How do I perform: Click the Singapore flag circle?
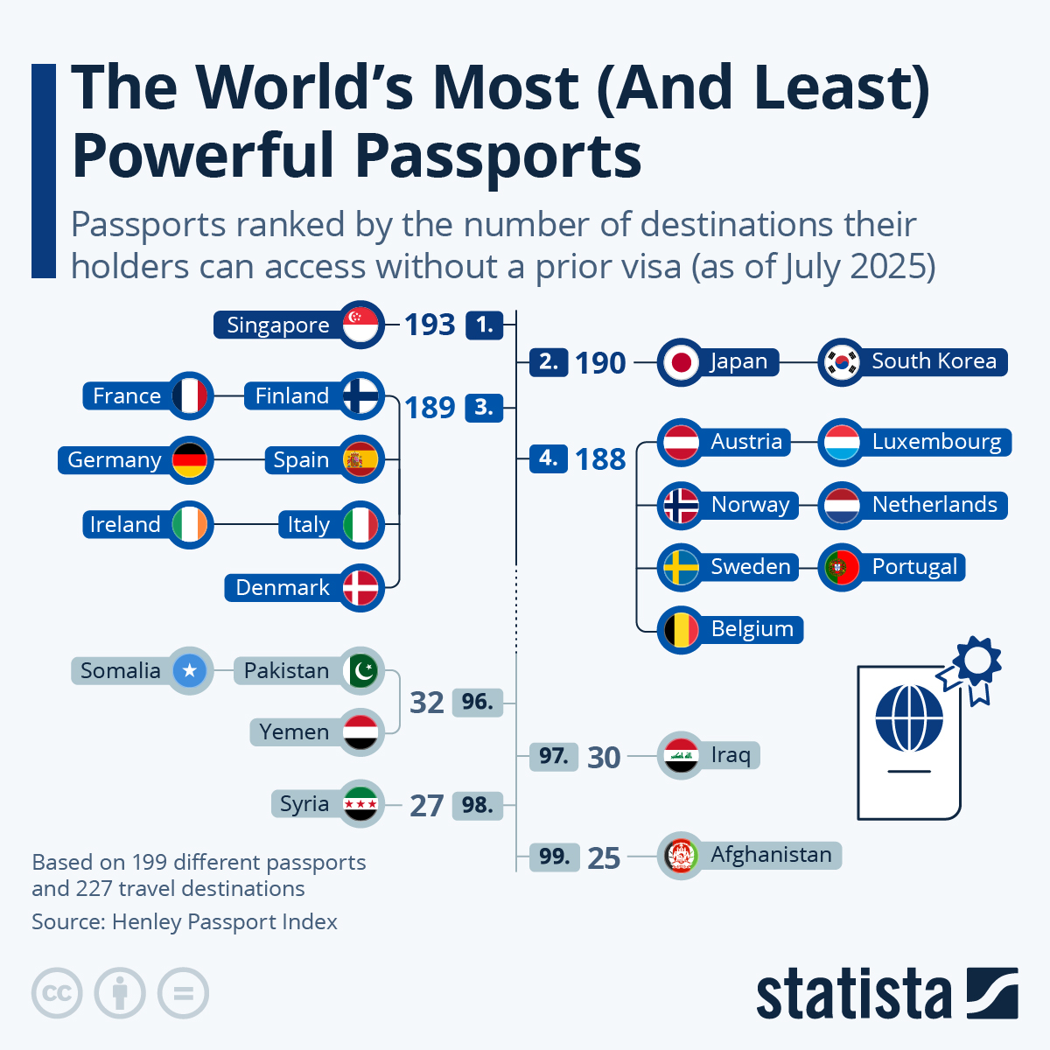point(360,325)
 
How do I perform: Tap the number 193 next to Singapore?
point(430,325)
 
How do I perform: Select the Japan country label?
point(739,361)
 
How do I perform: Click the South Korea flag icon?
point(842,361)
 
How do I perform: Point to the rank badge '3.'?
point(484,407)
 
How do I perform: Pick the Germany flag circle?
point(190,459)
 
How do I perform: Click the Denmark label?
point(283,588)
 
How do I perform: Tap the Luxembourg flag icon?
point(842,442)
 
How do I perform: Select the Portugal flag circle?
point(842,567)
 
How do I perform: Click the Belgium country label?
point(752,629)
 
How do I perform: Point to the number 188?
point(600,459)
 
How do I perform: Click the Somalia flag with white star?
point(190,671)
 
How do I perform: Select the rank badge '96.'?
point(477,702)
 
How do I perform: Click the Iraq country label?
point(731,755)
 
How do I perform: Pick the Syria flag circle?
point(360,803)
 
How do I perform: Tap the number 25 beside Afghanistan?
point(604,858)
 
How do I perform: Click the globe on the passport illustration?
point(909,717)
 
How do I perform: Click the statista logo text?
point(854,995)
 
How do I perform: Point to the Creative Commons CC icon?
point(57,993)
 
